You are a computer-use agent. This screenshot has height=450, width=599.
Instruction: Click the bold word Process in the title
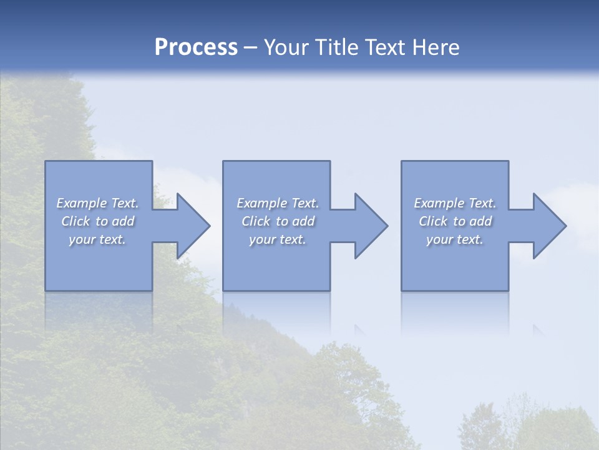[196, 47]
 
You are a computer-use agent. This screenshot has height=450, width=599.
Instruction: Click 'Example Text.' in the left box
[97, 203]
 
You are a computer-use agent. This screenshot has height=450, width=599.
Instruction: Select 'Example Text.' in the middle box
[277, 203]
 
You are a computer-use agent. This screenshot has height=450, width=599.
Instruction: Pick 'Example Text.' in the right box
[455, 203]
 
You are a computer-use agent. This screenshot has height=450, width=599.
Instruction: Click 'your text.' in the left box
[97, 239]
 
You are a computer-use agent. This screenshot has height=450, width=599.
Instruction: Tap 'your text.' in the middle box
[277, 239]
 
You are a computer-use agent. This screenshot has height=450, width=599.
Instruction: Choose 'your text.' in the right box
[455, 239]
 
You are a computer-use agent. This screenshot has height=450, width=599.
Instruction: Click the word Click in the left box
[75, 221]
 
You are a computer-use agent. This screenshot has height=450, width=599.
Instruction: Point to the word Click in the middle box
[256, 221]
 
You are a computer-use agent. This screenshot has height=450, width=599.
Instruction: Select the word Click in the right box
[433, 221]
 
